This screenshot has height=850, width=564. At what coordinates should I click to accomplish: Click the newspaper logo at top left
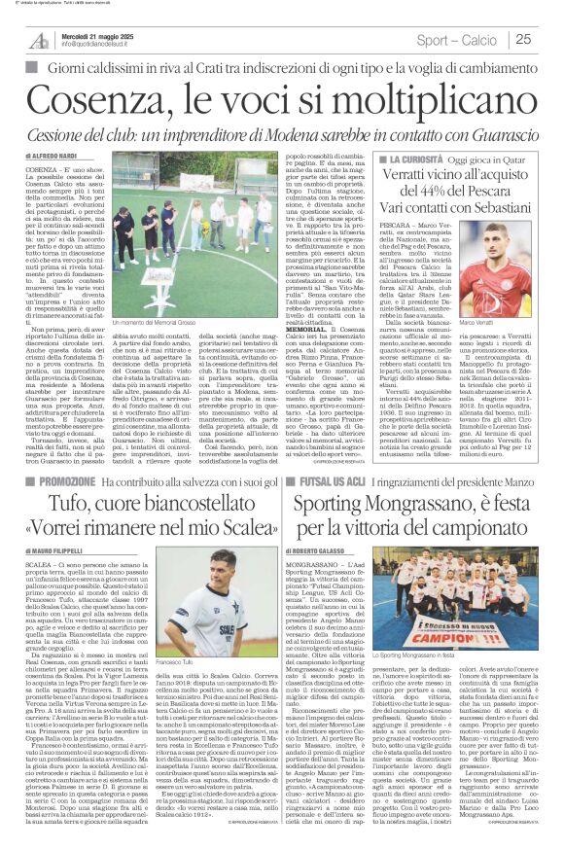tap(38, 39)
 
